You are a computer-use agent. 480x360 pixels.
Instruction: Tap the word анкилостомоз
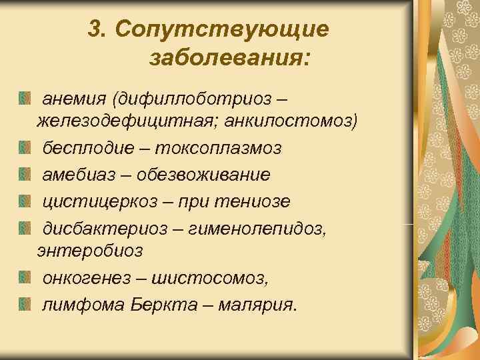click(291, 123)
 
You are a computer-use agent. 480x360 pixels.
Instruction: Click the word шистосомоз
click(211, 278)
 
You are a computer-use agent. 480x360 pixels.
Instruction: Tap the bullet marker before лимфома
click(25, 305)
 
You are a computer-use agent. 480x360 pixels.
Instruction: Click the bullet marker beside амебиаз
click(25, 175)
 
